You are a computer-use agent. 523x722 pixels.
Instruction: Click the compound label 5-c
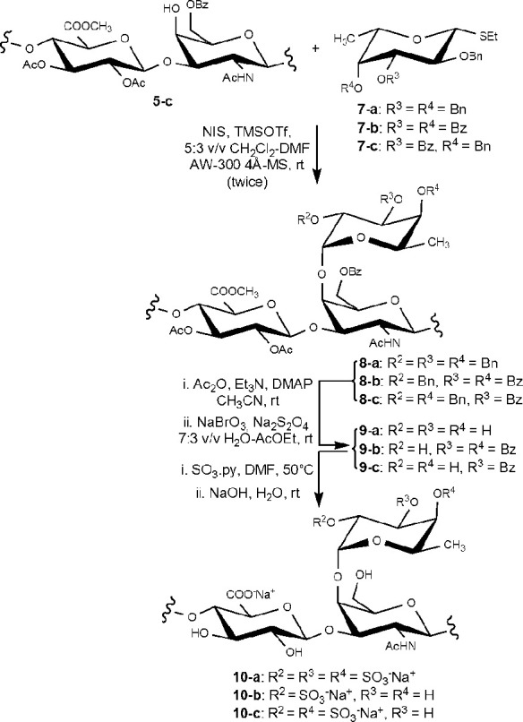coord(162,101)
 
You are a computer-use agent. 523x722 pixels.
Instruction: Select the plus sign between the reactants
coord(316,47)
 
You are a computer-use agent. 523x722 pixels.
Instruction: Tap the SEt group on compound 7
coord(489,37)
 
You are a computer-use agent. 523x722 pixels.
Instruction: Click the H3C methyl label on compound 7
coord(346,39)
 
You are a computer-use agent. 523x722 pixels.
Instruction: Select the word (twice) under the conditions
coord(247,182)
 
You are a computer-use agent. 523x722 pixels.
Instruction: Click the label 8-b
coord(370,382)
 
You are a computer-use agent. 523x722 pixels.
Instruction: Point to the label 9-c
coord(370,468)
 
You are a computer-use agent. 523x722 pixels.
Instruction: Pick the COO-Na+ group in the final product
coord(251,595)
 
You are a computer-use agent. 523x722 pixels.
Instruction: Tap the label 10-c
coord(252,712)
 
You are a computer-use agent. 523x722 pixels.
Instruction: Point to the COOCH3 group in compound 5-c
coord(88,27)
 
